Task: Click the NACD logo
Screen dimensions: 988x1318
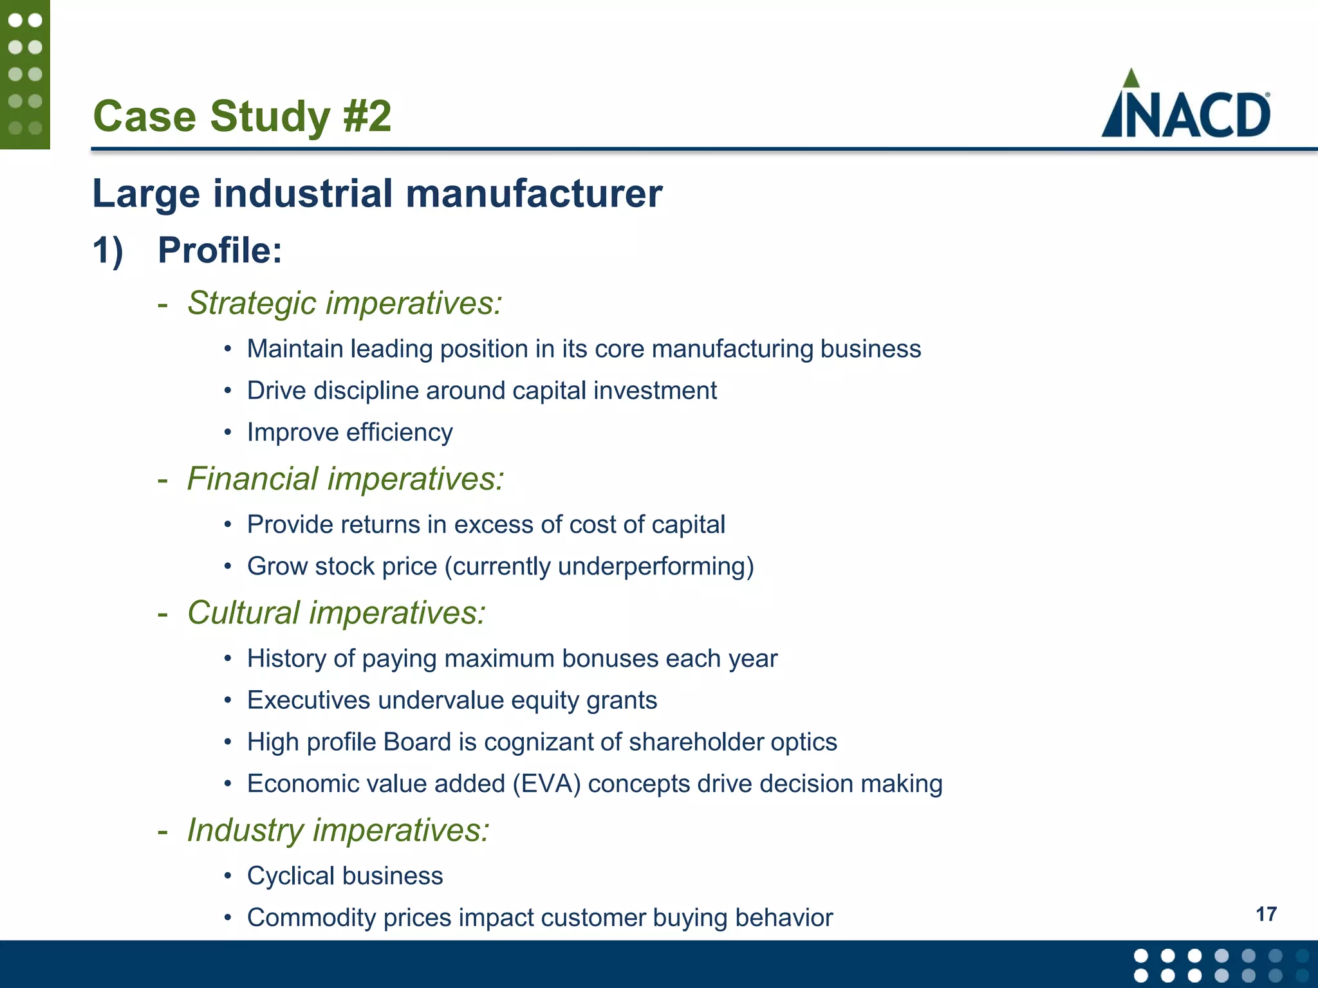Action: (x=1185, y=106)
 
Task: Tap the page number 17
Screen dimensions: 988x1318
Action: (x=1266, y=914)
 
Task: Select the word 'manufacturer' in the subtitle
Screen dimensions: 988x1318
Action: (x=534, y=194)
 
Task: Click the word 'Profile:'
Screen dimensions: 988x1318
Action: (x=220, y=250)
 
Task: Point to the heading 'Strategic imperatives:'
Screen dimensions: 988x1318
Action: (x=344, y=303)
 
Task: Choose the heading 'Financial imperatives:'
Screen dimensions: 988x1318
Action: (x=346, y=479)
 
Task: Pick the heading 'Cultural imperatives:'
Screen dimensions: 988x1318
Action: (x=336, y=612)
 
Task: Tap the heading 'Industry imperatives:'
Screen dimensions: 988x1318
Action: (x=338, y=830)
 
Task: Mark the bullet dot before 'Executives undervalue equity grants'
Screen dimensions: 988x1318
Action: (x=227, y=700)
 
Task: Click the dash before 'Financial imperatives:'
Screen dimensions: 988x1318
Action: (x=163, y=480)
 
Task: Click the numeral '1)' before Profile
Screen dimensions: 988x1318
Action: (x=107, y=250)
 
